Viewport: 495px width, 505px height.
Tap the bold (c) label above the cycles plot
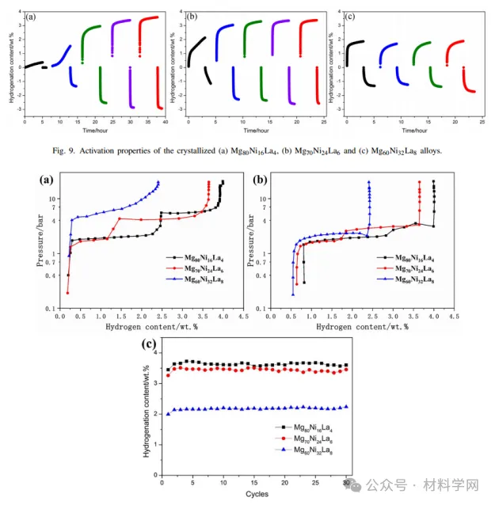click(x=148, y=344)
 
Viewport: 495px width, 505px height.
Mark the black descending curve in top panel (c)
click(x=367, y=76)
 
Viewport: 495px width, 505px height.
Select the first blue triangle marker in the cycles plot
click(x=167, y=413)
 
